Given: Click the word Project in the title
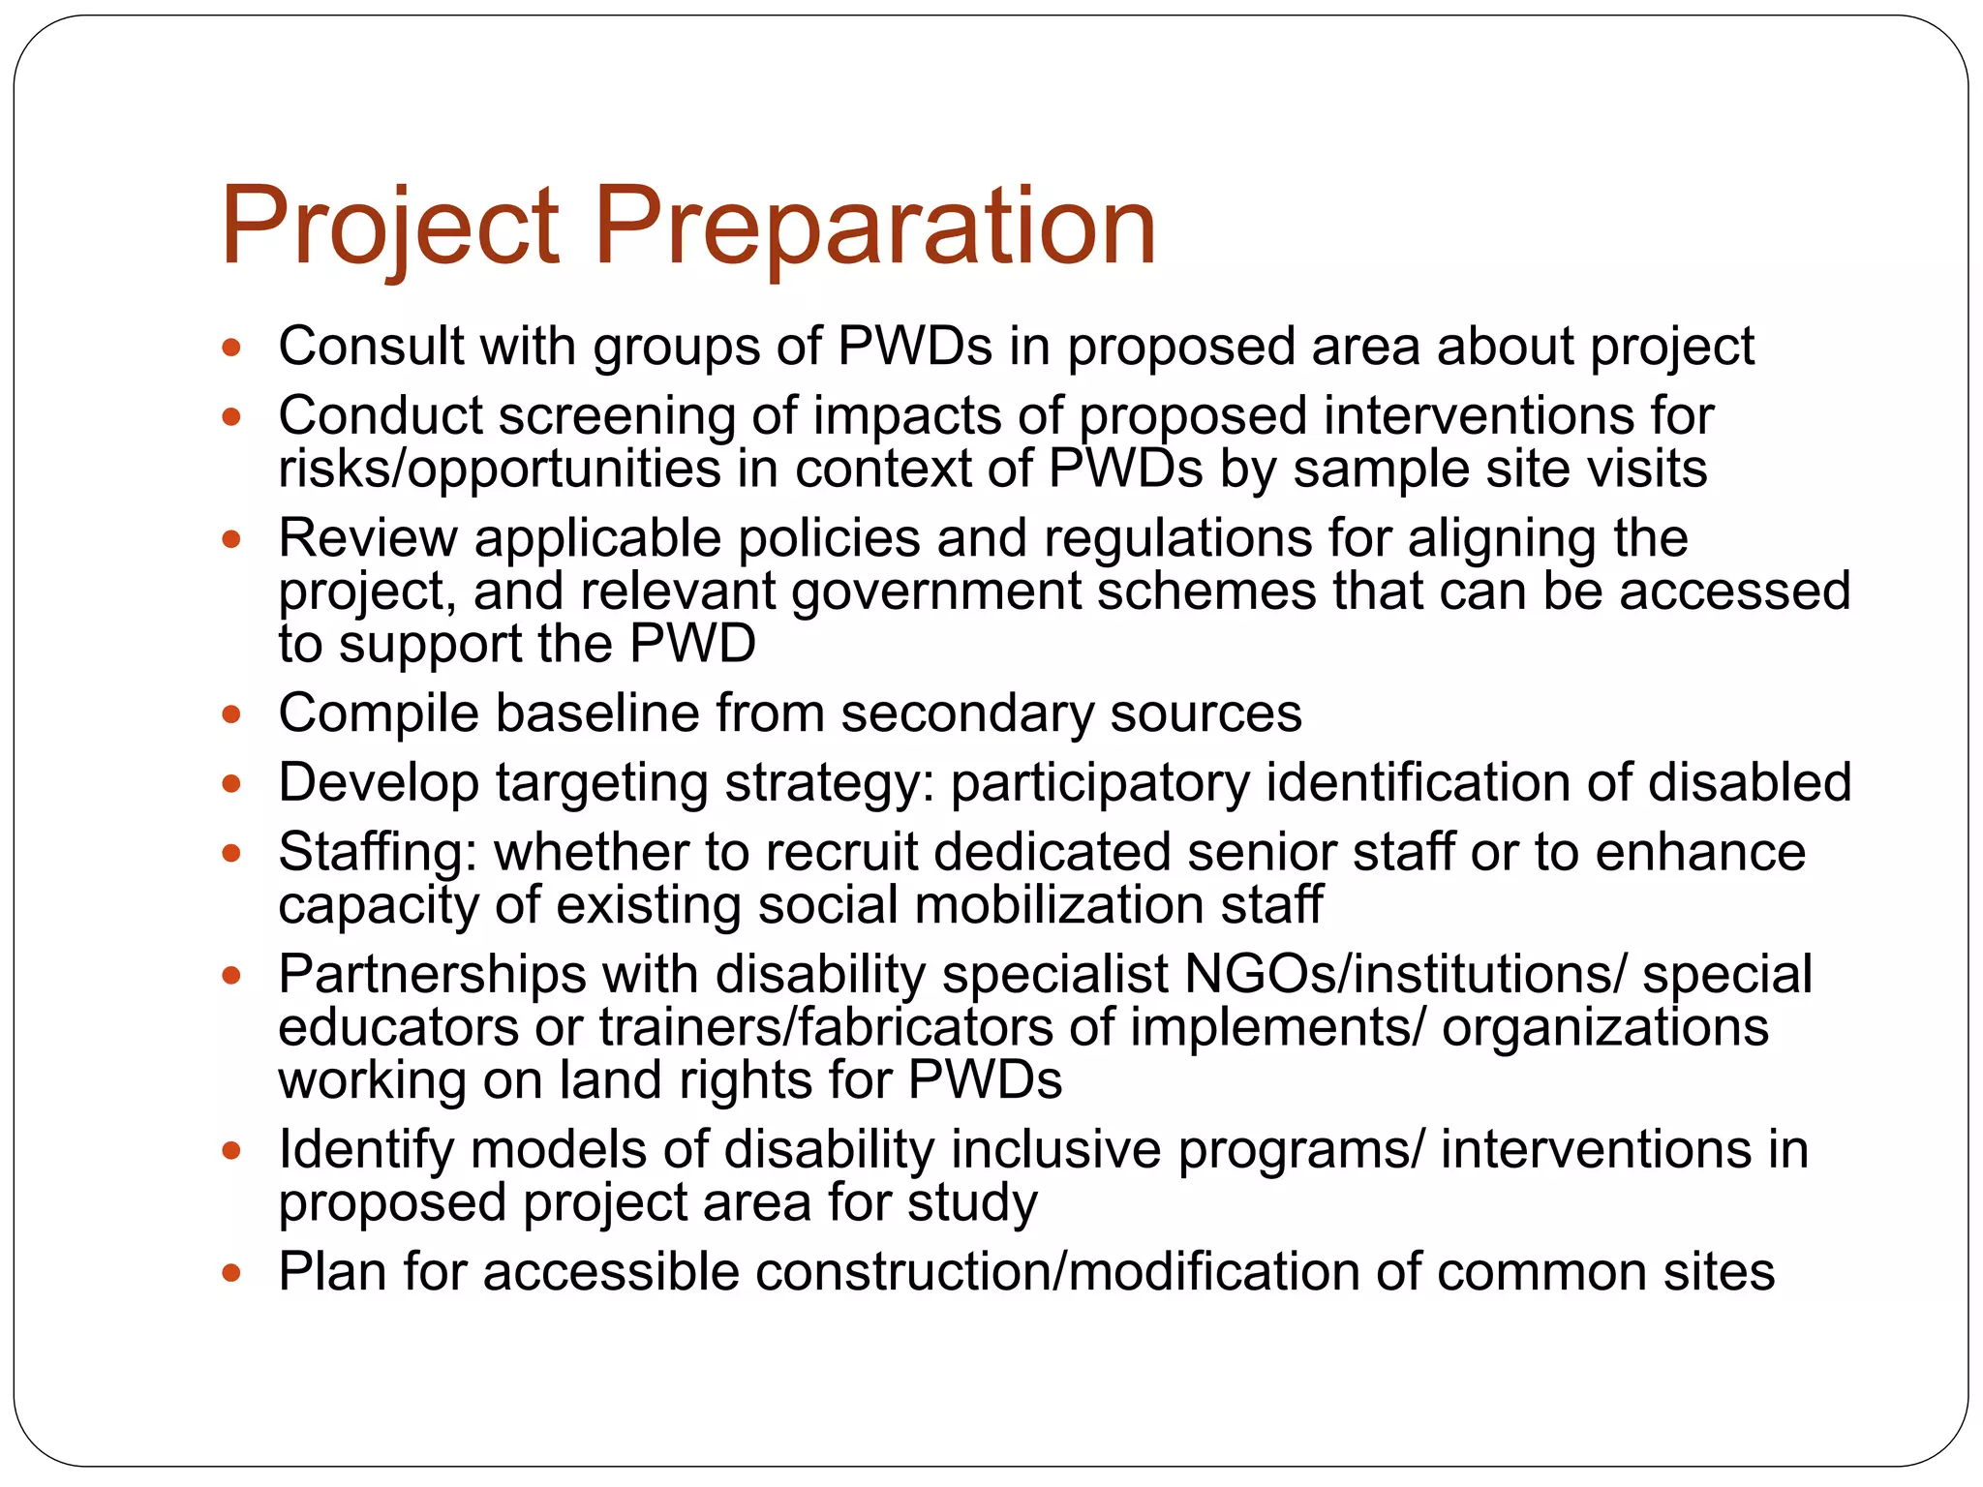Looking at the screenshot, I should (389, 228).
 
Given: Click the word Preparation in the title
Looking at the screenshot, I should (874, 228).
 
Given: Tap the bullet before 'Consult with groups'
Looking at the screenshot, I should (230, 348).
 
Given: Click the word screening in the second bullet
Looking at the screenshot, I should (617, 417).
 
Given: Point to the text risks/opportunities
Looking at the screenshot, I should (500, 470).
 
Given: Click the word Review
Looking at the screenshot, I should (367, 538).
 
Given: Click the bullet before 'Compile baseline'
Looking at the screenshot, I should (230, 715).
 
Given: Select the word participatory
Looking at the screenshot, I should (1100, 783).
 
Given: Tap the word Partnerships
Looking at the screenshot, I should (432, 975).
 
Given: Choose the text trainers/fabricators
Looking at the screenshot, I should (826, 1027).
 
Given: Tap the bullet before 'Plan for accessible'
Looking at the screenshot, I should (230, 1273).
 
